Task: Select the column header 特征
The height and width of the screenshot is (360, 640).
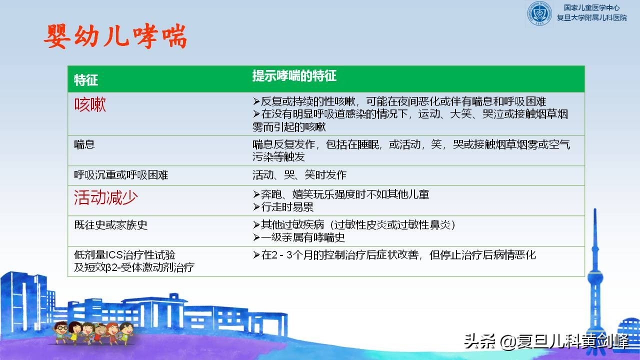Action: (85, 80)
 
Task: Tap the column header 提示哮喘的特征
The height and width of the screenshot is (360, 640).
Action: (294, 76)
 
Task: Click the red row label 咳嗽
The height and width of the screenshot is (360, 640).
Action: (90, 105)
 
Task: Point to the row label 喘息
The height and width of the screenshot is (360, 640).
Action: (84, 145)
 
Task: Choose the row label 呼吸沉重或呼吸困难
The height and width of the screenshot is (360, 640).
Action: (121, 175)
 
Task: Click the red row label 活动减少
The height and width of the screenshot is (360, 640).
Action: (105, 197)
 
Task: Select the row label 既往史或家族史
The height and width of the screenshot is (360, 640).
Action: (111, 225)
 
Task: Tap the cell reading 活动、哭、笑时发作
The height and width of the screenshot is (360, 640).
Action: (299, 175)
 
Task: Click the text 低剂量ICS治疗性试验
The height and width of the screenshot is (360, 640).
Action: (124, 255)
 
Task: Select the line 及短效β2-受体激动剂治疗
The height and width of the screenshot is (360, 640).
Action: (134, 267)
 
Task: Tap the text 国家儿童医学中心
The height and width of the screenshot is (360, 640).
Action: (591, 8)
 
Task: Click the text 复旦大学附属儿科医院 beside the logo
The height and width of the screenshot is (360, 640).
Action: (591, 18)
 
